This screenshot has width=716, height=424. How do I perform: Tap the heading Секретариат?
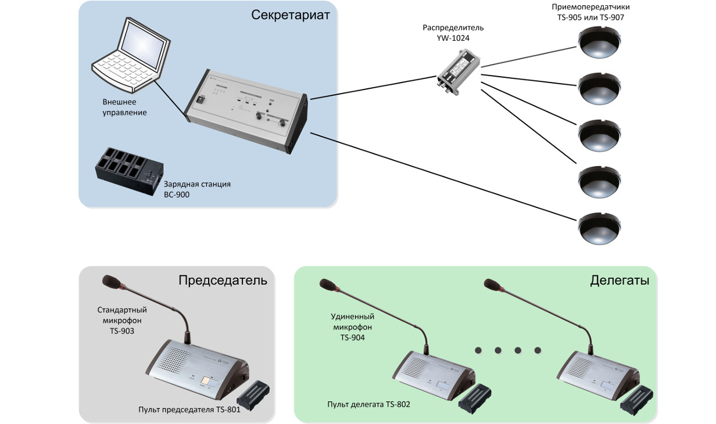[x=290, y=15]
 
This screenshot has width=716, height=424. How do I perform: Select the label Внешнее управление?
[x=124, y=107]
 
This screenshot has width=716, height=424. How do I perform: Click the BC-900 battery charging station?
[x=129, y=171]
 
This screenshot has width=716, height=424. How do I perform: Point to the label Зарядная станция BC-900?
[x=197, y=189]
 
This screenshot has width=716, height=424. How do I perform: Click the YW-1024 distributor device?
[x=458, y=71]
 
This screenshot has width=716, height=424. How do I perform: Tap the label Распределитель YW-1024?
[x=453, y=33]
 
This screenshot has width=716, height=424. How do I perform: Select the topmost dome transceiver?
[x=599, y=42]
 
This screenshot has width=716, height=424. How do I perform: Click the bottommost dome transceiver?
[x=599, y=228]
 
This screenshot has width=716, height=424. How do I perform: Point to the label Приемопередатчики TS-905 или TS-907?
[x=590, y=12]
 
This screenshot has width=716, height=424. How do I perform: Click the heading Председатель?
[x=223, y=280]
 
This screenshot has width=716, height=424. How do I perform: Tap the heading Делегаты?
[x=620, y=280]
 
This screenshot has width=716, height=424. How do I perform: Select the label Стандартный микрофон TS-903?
[x=122, y=320]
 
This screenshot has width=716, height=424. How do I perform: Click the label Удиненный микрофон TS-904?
[x=352, y=327]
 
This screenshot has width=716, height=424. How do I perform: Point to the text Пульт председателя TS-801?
[x=189, y=409]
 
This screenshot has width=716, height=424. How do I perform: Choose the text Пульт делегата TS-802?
[x=368, y=404]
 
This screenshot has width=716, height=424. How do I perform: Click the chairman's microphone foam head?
[x=111, y=282]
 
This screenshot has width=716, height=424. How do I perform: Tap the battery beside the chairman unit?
[x=253, y=396]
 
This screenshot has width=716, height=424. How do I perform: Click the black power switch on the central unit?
[x=200, y=100]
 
